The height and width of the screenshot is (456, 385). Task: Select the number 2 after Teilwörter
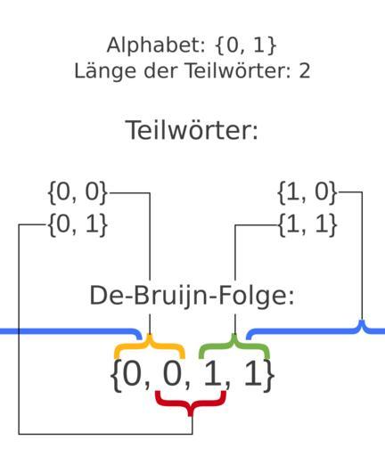coord(305,71)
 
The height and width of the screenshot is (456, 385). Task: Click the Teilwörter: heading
coord(192,130)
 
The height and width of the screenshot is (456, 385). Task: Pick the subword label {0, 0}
coord(78,192)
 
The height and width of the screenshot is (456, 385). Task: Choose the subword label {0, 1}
coord(78,224)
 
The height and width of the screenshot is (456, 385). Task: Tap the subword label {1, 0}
coord(307,192)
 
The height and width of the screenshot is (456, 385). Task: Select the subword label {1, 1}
coord(307,224)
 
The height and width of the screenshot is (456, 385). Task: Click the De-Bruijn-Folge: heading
coord(192,296)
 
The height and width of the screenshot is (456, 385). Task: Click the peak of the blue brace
coord(362,322)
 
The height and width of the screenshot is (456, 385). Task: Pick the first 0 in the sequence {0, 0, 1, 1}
coord(133,374)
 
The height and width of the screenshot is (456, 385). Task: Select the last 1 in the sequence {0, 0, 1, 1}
coord(254,374)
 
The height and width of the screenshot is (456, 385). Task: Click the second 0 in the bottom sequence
coord(173,374)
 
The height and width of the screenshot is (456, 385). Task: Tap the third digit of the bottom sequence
coord(213,374)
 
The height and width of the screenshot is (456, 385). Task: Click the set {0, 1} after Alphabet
coord(246,45)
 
